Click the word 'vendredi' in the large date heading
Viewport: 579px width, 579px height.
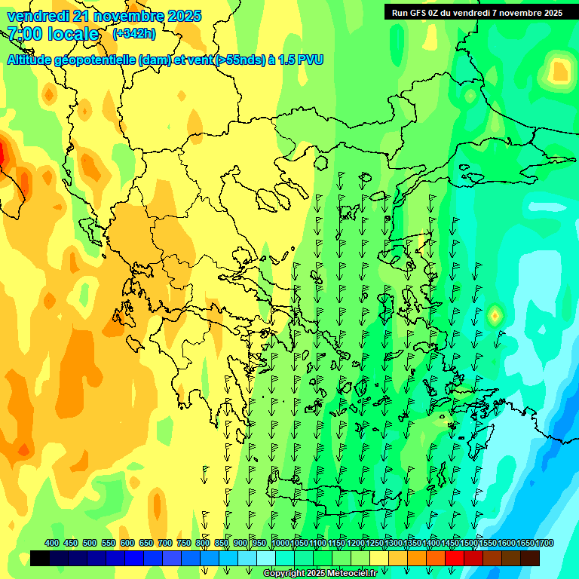[x=37, y=16]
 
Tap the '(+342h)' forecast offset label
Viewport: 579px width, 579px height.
[x=133, y=33]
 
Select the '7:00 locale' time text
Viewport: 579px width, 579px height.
[x=53, y=34]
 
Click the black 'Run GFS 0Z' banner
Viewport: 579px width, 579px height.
[x=476, y=13]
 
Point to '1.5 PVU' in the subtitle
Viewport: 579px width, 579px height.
[x=301, y=60]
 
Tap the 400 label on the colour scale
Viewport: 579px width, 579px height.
[x=51, y=543]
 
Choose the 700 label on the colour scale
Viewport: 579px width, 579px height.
[x=164, y=543]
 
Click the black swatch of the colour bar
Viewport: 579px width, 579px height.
[x=40, y=559]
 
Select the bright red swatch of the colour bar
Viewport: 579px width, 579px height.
[x=455, y=559]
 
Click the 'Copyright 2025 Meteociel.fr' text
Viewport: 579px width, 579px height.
[x=320, y=574]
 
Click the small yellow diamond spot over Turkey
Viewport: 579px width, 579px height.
[x=495, y=315]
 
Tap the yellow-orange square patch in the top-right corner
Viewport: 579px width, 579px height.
[x=559, y=71]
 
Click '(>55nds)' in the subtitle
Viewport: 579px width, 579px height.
[x=240, y=60]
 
